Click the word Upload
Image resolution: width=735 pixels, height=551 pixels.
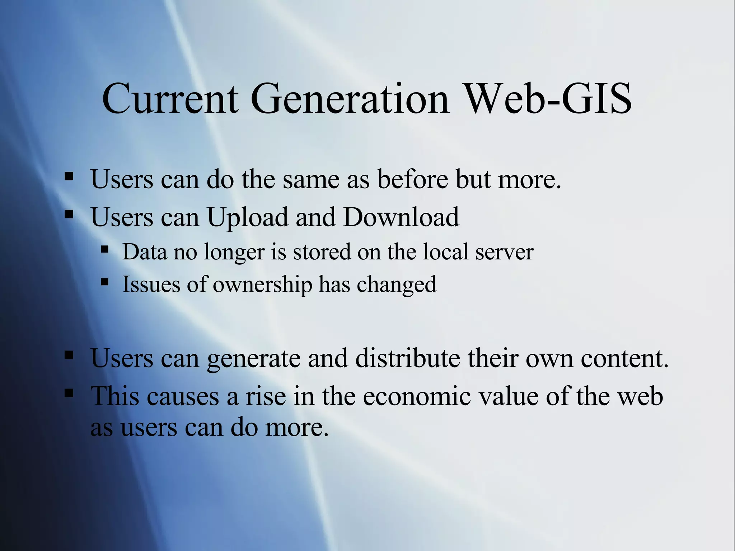tap(248, 218)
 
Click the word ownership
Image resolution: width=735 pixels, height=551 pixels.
tap(262, 285)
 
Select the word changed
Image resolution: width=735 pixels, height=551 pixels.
tap(397, 285)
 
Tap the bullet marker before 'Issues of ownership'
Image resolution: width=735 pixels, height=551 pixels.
tap(104, 282)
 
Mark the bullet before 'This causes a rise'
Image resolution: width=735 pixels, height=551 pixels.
tap(69, 394)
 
